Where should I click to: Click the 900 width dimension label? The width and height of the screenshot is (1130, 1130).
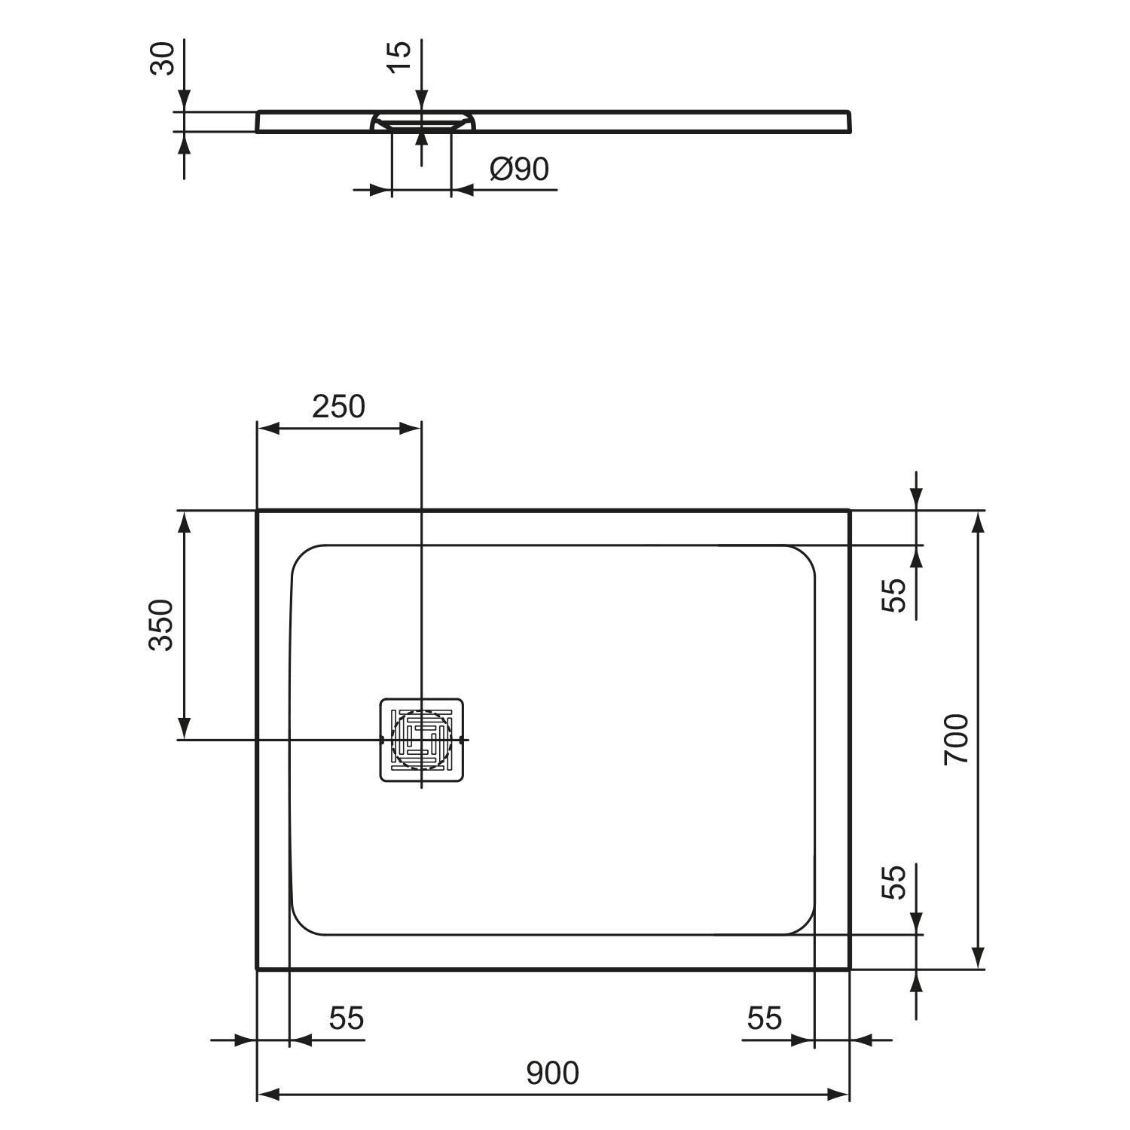[552, 1073]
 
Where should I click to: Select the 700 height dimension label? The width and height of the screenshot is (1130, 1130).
[957, 740]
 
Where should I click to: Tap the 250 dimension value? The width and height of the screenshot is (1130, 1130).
[338, 407]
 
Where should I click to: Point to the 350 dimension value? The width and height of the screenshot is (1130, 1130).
[161, 625]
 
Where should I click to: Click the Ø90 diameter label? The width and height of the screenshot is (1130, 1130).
[519, 169]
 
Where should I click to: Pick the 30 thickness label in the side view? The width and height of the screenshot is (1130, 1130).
[163, 59]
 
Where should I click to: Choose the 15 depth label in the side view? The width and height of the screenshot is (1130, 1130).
[400, 56]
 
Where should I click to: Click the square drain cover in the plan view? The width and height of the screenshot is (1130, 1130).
[421, 739]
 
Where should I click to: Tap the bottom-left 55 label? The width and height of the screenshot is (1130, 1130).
[347, 1019]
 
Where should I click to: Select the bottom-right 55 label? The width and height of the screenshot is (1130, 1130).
[765, 1019]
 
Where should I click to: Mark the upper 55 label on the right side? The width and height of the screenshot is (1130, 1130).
[893, 595]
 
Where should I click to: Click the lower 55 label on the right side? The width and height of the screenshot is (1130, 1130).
[893, 881]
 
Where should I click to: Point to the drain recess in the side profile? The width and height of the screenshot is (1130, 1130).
[422, 121]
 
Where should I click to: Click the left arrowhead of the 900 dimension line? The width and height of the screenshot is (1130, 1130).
[269, 1094]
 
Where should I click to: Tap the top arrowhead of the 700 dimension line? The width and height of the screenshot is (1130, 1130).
[978, 521]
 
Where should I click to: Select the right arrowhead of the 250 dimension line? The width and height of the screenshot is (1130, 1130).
[410, 428]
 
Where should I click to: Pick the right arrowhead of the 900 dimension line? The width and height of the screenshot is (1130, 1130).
[838, 1094]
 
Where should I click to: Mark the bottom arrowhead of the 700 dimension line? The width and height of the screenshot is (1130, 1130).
[978, 957]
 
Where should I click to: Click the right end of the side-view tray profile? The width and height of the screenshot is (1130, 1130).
[852, 122]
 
